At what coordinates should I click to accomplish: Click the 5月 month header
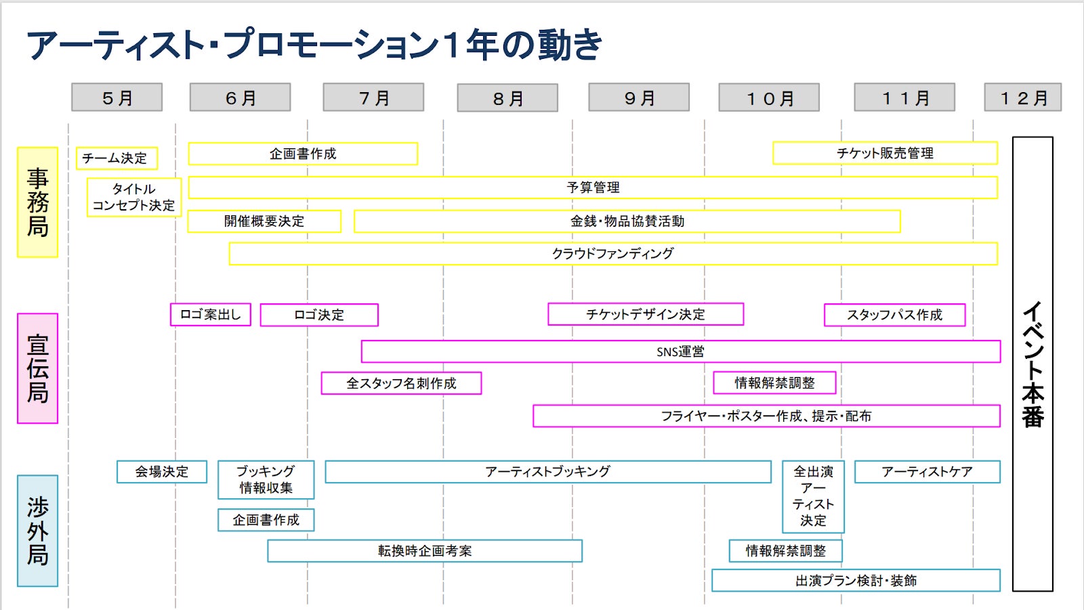117,97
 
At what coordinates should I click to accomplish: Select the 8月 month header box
507,98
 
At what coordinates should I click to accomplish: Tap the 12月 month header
1022,97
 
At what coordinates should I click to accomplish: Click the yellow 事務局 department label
37,202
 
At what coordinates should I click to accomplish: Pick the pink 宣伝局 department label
37,368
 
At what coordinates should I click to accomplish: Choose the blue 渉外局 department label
37,531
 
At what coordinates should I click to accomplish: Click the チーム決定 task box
117,158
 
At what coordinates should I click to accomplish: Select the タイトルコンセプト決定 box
134,197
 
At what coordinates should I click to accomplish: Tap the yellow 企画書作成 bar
303,154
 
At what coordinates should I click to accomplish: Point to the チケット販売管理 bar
885,153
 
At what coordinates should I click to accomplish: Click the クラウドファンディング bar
612,254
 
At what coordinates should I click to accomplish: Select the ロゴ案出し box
210,315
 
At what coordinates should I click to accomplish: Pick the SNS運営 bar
680,351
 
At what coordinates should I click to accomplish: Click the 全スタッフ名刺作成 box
401,383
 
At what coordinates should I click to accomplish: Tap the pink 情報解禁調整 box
774,383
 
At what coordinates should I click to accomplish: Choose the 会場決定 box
161,472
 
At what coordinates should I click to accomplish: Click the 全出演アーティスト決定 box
813,496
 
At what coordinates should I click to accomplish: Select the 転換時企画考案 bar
425,551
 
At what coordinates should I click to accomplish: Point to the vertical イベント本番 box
1033,364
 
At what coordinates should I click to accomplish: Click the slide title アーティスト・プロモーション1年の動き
314,45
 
